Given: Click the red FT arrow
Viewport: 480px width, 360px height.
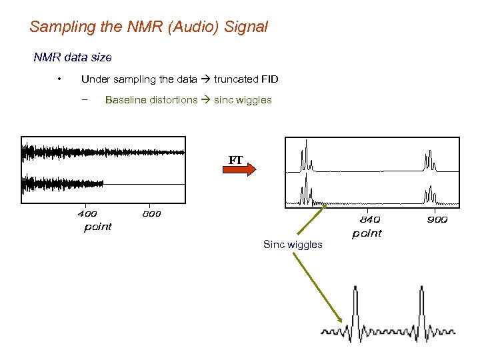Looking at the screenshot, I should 238,171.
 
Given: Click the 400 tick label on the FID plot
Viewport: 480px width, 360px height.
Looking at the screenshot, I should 87,214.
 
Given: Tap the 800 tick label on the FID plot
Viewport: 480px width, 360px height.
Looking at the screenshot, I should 151,214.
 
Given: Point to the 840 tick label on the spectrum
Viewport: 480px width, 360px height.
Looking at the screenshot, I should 369,219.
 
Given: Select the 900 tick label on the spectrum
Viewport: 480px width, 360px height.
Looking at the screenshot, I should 438,219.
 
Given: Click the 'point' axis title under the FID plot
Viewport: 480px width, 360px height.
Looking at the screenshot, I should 97,227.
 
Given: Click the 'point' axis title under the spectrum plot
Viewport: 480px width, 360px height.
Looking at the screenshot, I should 367,233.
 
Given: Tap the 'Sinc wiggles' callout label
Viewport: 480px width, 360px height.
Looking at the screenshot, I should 293,245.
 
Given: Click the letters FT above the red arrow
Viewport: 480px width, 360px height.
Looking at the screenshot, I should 236,161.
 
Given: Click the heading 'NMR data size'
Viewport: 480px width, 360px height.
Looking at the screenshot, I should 73,57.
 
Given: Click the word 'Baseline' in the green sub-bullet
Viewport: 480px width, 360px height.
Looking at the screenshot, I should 127,100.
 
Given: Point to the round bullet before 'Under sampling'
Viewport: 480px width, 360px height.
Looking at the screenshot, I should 60,79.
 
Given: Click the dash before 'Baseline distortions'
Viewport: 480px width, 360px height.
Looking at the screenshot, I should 85,100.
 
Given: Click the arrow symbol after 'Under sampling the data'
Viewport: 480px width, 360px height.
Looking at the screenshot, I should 205,79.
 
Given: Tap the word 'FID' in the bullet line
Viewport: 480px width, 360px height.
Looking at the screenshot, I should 270,79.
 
